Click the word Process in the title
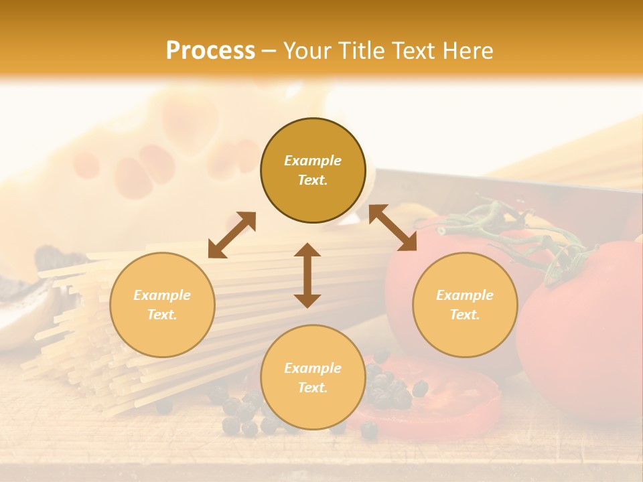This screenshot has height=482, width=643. (x=210, y=51)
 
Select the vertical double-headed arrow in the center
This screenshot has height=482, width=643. (x=307, y=275)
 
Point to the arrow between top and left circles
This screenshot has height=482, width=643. (x=232, y=235)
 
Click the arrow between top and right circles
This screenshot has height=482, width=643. (x=392, y=228)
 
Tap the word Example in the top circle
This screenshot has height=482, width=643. (x=313, y=161)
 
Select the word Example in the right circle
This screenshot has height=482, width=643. (x=465, y=295)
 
